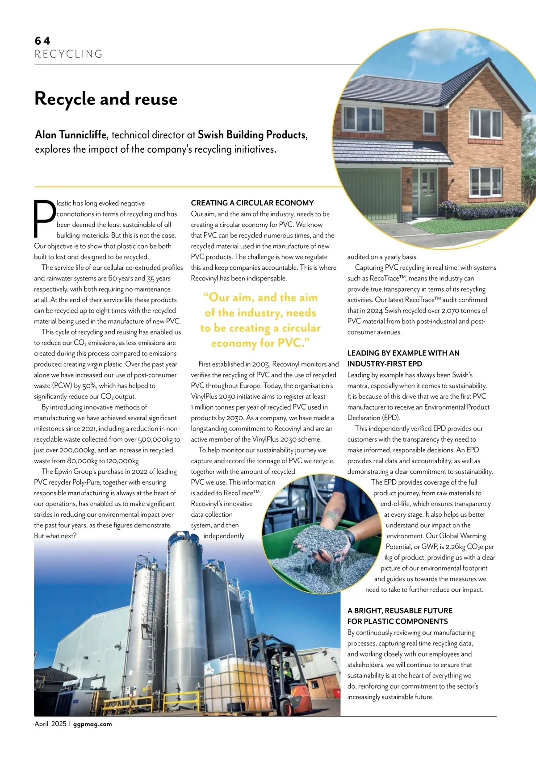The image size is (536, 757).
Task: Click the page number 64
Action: pos(42,41)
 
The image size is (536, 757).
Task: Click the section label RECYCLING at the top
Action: pos(69,54)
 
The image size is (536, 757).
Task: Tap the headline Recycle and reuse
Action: pos(106,99)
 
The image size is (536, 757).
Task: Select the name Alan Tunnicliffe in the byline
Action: pos(71,135)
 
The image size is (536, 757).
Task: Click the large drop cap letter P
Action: pos(45,218)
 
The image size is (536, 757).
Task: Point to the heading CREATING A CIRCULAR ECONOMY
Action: pos(252,203)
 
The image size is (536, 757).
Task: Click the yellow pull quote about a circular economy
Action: pos(260,320)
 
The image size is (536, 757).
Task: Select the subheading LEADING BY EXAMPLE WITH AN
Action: pos(403,353)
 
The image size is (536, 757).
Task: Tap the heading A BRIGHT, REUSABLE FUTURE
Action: pos(400,611)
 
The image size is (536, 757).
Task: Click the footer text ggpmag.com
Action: pos(92,724)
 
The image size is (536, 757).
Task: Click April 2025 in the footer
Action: pos(50,724)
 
